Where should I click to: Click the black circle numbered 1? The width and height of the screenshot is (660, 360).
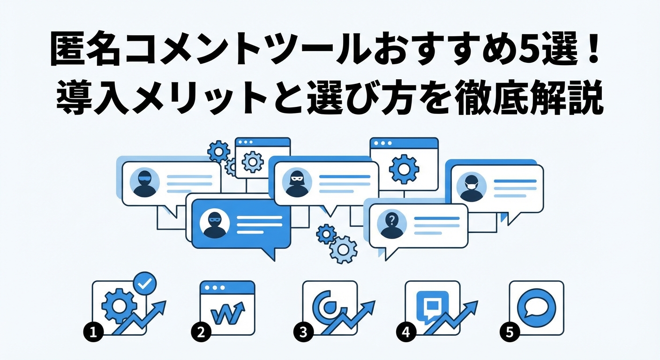93,332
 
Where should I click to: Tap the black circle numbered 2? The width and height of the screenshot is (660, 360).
201,332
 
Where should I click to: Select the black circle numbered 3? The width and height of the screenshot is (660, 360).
303,332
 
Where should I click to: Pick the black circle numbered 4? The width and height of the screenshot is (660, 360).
406,332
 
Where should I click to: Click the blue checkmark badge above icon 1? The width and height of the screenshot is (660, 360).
145,284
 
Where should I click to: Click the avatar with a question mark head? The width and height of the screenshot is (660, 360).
391,225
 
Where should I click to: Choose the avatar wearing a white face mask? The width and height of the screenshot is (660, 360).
472,187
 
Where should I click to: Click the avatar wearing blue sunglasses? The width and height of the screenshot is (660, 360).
145,182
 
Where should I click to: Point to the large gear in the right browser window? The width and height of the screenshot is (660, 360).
404,169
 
